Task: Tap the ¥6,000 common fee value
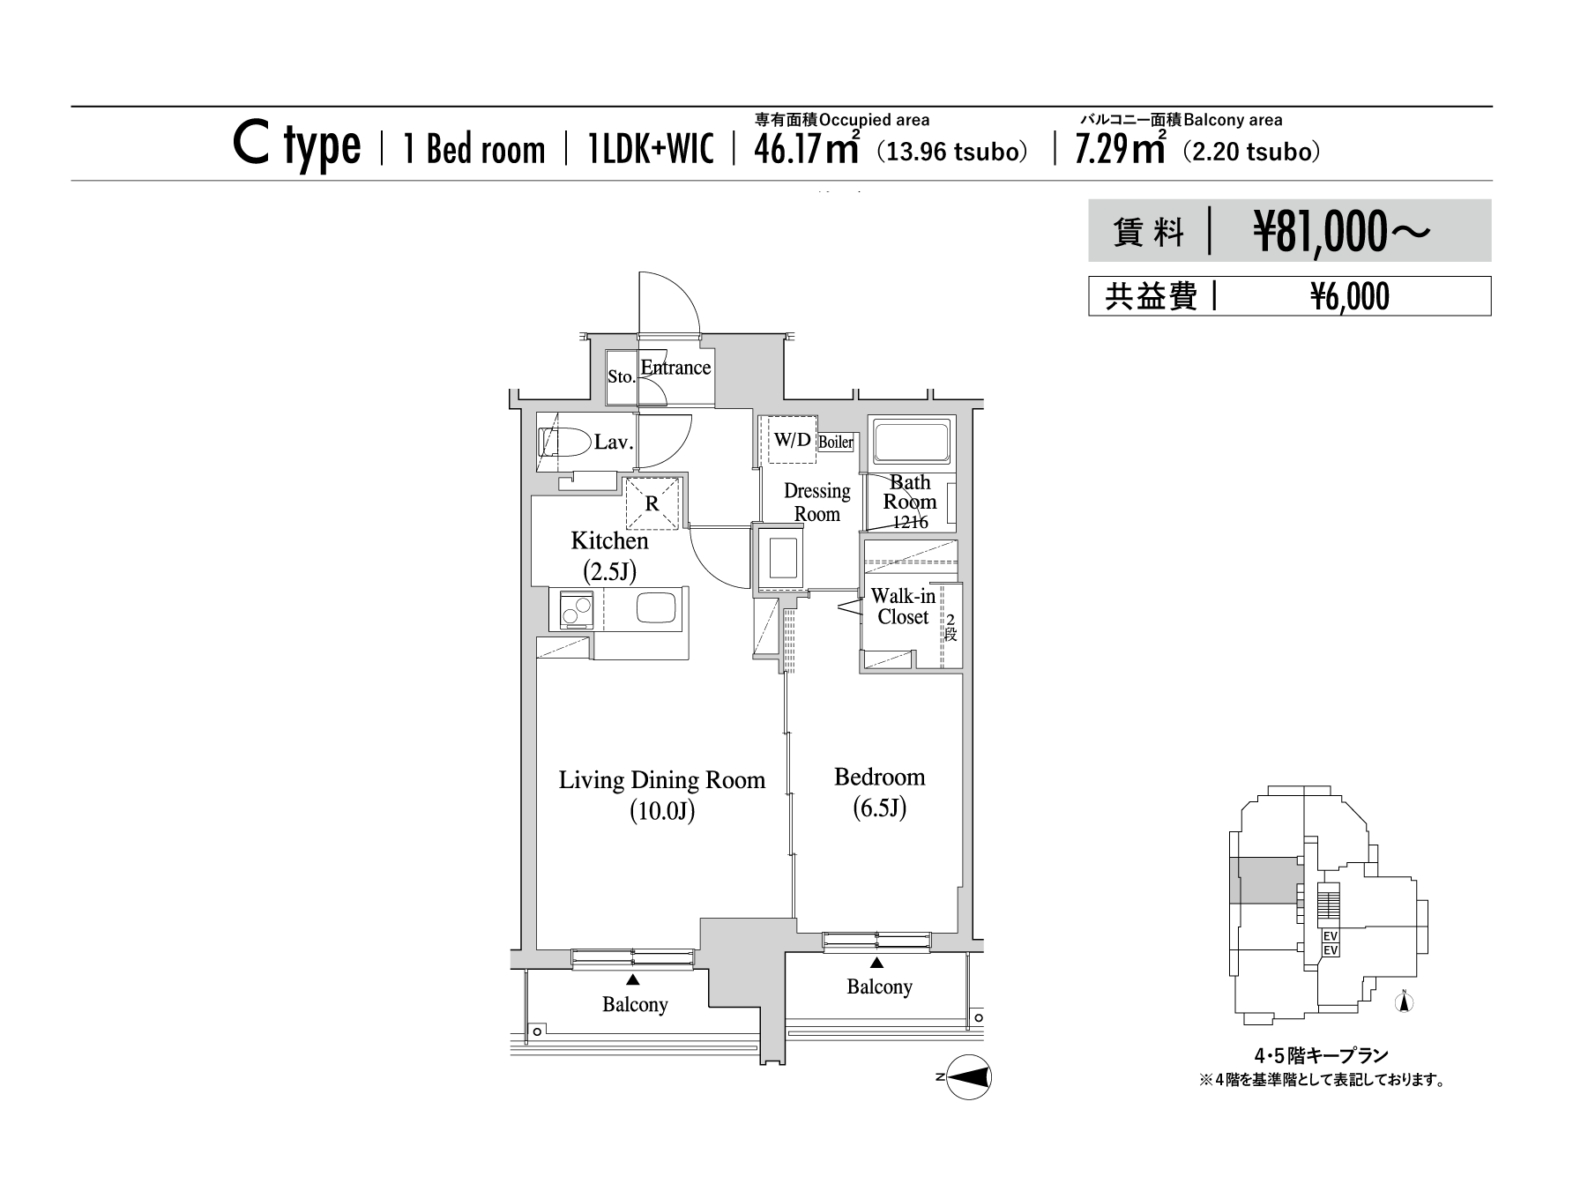click(1350, 298)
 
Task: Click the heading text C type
click(296, 146)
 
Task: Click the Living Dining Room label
click(662, 780)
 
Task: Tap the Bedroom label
click(880, 777)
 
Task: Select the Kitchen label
click(609, 540)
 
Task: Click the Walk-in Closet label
click(904, 607)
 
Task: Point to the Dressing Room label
click(817, 502)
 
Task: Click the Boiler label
click(836, 442)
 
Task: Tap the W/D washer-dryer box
click(793, 440)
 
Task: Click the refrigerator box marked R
click(652, 503)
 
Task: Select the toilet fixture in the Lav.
click(565, 442)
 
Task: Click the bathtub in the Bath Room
click(911, 442)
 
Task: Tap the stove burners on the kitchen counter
click(571, 609)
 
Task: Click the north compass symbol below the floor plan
click(968, 1077)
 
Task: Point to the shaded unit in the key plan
click(1266, 881)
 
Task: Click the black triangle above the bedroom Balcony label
click(876, 963)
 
